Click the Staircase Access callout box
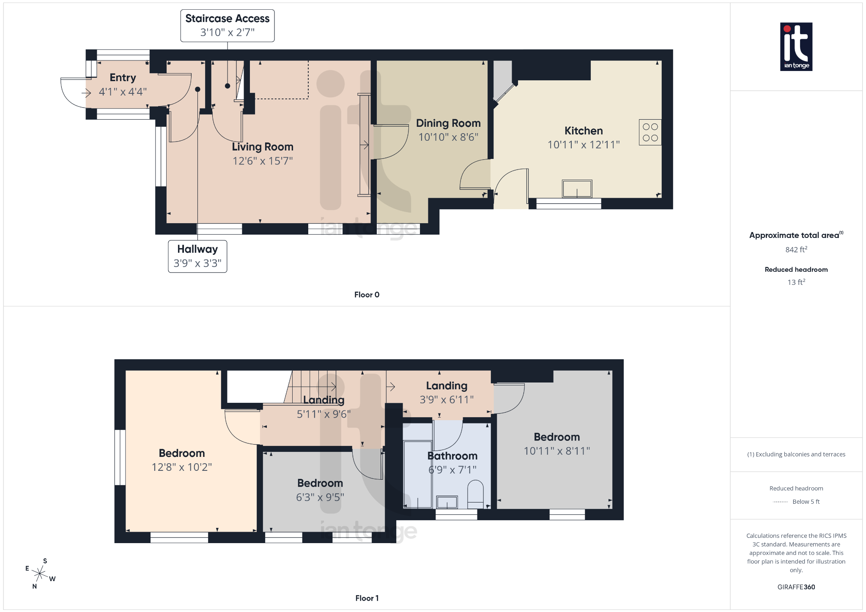227,25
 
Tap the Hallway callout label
197,256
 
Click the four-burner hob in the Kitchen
650,132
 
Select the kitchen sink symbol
577,189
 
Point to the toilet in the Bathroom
475,494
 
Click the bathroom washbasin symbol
447,502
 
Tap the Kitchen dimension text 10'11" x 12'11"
584,145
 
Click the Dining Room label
448,123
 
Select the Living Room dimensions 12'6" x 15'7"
262,161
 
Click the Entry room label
123,78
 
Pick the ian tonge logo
796,46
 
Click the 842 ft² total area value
796,250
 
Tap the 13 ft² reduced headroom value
796,282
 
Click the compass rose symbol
40,574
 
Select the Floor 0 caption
367,295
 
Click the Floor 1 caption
367,598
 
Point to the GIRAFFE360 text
796,587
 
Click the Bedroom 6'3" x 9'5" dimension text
320,497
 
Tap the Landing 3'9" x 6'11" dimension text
447,400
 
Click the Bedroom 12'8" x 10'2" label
182,453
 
